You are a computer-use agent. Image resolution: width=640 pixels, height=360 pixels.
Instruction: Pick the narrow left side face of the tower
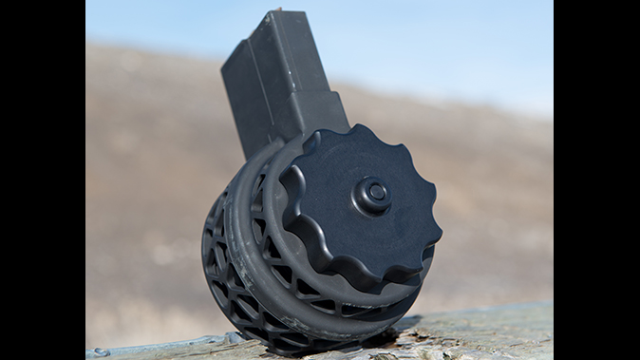click(237, 95)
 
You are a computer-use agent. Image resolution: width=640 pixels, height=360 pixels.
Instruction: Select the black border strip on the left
click(42, 180)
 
